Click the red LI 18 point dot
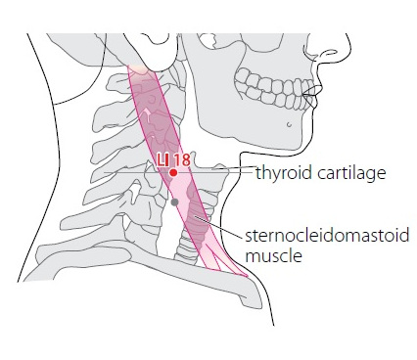click(x=173, y=172)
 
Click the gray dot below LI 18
click(x=174, y=202)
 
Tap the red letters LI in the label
click(x=162, y=160)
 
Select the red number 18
click(x=181, y=160)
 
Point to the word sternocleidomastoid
click(x=327, y=236)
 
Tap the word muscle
click(x=273, y=255)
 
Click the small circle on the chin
click(x=289, y=124)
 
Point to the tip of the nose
click(x=350, y=48)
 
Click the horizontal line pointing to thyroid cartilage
click(x=179, y=172)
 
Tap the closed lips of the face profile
click(x=310, y=94)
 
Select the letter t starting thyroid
click(x=258, y=173)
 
